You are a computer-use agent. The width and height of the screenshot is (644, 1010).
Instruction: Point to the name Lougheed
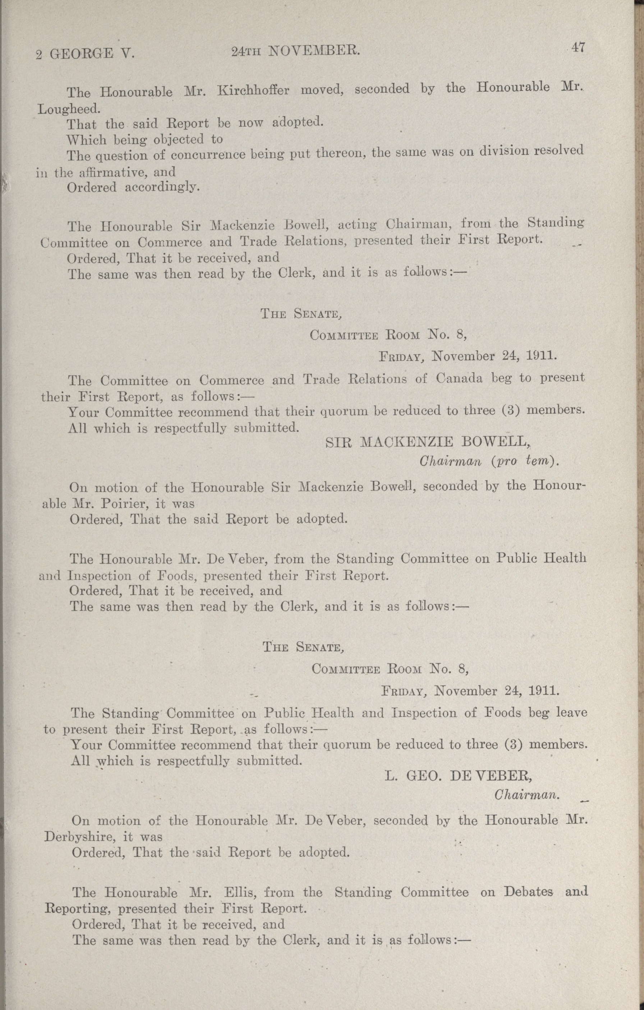coord(68,109)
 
